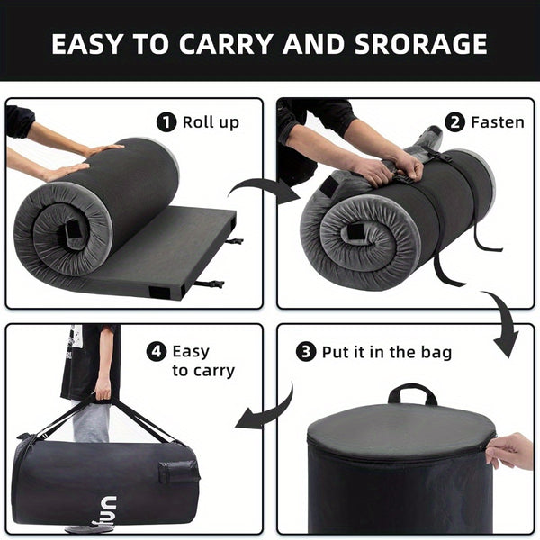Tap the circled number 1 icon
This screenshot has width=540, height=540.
[x=167, y=122]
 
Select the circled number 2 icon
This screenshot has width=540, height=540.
[x=454, y=121]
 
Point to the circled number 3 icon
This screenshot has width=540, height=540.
[x=307, y=351]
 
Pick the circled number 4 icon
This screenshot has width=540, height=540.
[x=157, y=351]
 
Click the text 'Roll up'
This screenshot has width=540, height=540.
[x=211, y=122]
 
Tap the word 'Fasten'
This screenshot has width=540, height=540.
[x=497, y=121]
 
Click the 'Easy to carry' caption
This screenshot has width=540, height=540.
[x=203, y=360]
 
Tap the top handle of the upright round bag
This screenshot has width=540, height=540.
[x=412, y=393]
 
